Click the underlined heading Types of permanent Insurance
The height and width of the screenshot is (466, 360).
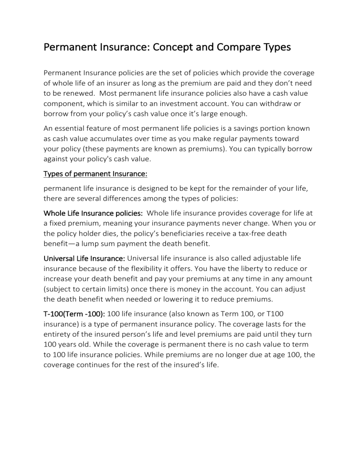(95, 174)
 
